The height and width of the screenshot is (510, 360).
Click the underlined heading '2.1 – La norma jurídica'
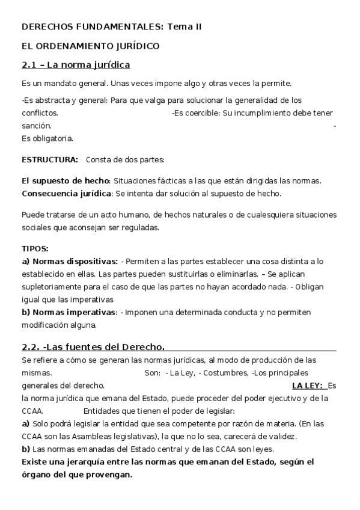pyautogui.click(x=76, y=65)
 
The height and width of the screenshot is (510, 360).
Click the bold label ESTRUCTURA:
pyautogui.click(x=50, y=160)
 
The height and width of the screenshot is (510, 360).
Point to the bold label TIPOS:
pyautogui.click(x=35, y=248)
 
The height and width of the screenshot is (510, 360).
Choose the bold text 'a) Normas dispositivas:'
pyautogui.click(x=70, y=262)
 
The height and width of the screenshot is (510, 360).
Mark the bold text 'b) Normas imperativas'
pyautogui.click(x=69, y=313)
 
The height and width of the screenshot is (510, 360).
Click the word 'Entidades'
pyautogui.click(x=102, y=411)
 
